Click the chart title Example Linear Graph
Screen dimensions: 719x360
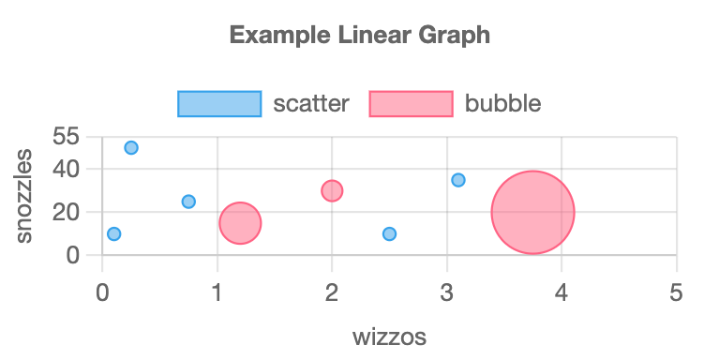[x=360, y=37]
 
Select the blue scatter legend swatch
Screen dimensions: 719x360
[x=219, y=103]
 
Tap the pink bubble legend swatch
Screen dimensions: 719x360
[x=411, y=103]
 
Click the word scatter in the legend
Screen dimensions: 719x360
[x=310, y=103]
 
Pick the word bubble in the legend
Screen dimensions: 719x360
[x=502, y=103]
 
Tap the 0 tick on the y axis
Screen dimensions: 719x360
[x=73, y=254]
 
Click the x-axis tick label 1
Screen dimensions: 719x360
[x=217, y=293]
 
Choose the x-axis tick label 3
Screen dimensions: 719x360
[x=447, y=293]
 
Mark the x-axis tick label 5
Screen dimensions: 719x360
[x=677, y=293]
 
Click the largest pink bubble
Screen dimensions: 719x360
[x=532, y=212]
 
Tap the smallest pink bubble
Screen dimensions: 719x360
[x=332, y=190]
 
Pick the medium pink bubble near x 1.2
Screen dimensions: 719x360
[x=240, y=223]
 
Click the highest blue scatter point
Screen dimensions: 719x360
[x=131, y=147]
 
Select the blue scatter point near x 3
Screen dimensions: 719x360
[x=458, y=180]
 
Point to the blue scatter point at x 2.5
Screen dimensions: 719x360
[x=389, y=233]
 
